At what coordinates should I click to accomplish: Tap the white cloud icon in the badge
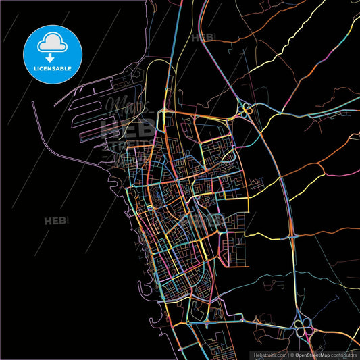(51, 42)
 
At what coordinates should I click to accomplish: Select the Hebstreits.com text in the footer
(269, 354)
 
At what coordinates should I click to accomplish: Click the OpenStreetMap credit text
(315, 354)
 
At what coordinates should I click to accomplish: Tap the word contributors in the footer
(345, 354)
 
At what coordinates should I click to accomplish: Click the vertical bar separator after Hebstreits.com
(288, 354)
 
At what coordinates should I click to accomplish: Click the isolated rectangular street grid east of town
(237, 246)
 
